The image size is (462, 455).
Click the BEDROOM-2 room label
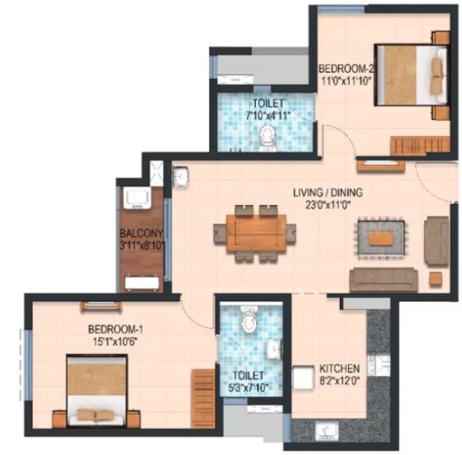(x=346, y=69)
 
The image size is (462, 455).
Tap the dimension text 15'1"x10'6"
(x=115, y=342)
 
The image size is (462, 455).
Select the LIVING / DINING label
(x=328, y=193)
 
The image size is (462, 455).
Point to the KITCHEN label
(x=340, y=368)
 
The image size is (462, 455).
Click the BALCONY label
(x=141, y=233)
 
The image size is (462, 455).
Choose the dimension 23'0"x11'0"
(x=328, y=204)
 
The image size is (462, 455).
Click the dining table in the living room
(x=256, y=232)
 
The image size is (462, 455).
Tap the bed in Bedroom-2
(x=412, y=74)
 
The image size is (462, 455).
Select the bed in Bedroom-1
(x=97, y=390)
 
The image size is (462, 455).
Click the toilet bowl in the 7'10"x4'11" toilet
(x=267, y=138)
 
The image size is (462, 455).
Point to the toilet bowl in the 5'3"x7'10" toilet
(x=250, y=321)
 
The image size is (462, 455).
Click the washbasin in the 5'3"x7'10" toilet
(x=274, y=348)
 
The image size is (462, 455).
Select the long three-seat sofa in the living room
(x=384, y=280)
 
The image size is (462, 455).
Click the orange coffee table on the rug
(x=382, y=238)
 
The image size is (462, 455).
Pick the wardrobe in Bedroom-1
(x=203, y=398)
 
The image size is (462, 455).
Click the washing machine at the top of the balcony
(x=137, y=198)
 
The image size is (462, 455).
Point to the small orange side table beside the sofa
(x=435, y=279)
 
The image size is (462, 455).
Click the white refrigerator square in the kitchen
(x=303, y=378)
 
